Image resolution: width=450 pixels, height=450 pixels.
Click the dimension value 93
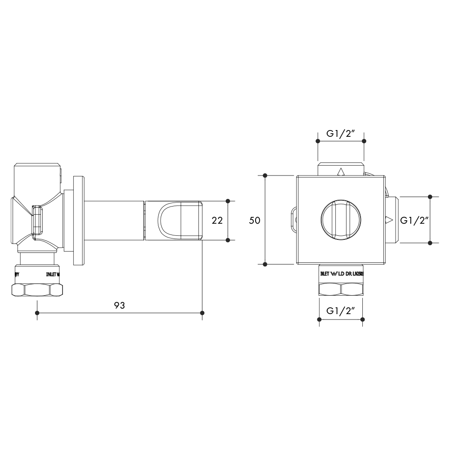point(119,305)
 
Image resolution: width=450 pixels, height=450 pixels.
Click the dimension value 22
point(217,220)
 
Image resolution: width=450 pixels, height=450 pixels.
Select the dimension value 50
point(255,220)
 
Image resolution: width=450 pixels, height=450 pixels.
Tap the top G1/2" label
point(341,133)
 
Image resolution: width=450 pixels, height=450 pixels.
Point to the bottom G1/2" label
point(341,311)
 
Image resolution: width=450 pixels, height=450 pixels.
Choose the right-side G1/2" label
point(414,220)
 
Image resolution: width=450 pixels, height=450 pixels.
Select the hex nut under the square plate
point(341,288)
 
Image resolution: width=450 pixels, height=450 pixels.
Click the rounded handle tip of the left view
point(180,220)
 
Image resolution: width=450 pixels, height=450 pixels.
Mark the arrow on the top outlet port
point(341,171)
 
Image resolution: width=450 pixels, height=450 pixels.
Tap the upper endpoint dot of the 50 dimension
point(265,175)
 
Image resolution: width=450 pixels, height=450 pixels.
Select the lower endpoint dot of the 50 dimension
point(265,264)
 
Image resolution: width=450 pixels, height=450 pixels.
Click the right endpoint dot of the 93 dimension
point(202,313)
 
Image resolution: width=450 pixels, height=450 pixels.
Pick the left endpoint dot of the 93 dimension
point(37,313)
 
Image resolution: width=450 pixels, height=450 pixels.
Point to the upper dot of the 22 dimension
point(228,200)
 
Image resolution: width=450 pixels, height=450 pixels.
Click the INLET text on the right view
point(324,274)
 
